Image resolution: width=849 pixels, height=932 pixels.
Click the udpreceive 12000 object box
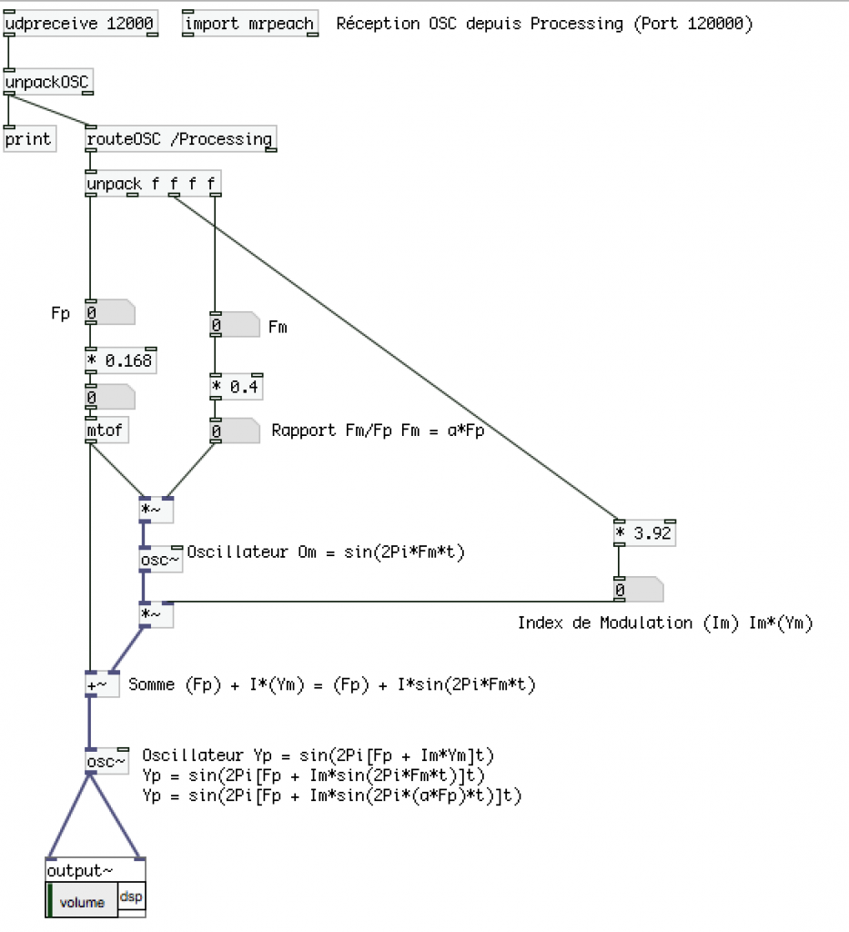[80, 24]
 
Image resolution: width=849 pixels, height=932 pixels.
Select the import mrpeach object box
[249, 24]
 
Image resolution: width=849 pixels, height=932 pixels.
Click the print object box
[29, 139]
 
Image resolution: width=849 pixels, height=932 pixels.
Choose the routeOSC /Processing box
[179, 139]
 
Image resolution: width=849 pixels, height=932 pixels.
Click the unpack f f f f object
[152, 185]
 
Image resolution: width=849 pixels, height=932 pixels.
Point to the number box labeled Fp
[109, 313]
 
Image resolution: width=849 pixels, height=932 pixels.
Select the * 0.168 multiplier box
[121, 360]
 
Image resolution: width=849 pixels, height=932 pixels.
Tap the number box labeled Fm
[234, 325]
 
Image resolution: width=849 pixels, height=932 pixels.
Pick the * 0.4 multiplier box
[235, 386]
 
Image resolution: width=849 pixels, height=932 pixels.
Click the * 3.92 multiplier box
[645, 533]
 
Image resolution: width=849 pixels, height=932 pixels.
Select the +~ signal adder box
[101, 684]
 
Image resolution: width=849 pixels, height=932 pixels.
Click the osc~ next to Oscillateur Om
[160, 560]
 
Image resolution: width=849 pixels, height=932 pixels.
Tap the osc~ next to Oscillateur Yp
[107, 761]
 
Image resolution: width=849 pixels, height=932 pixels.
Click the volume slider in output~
[82, 902]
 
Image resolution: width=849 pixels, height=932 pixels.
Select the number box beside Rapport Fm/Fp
[234, 431]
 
